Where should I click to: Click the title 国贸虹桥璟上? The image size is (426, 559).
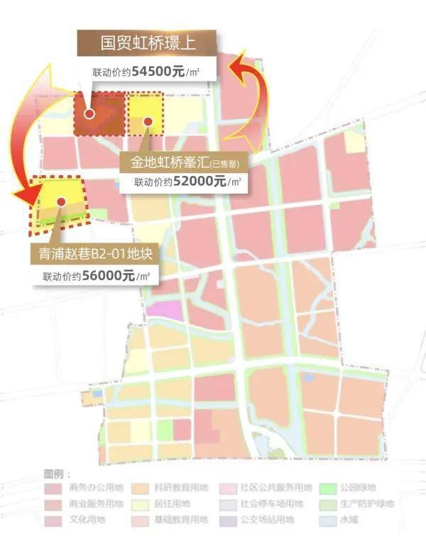click(x=147, y=43)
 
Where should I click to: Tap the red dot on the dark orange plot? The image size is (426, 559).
click(x=89, y=114)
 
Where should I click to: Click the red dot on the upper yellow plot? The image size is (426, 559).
click(x=148, y=121)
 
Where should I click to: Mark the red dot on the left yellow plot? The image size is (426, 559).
click(x=61, y=201)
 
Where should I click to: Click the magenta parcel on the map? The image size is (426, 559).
click(x=163, y=309)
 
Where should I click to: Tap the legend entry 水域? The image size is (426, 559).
click(x=346, y=521)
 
